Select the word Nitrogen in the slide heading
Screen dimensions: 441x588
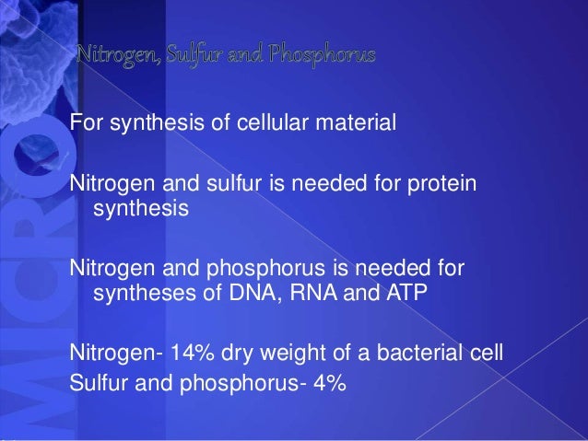pyautogui.click(x=120, y=57)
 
